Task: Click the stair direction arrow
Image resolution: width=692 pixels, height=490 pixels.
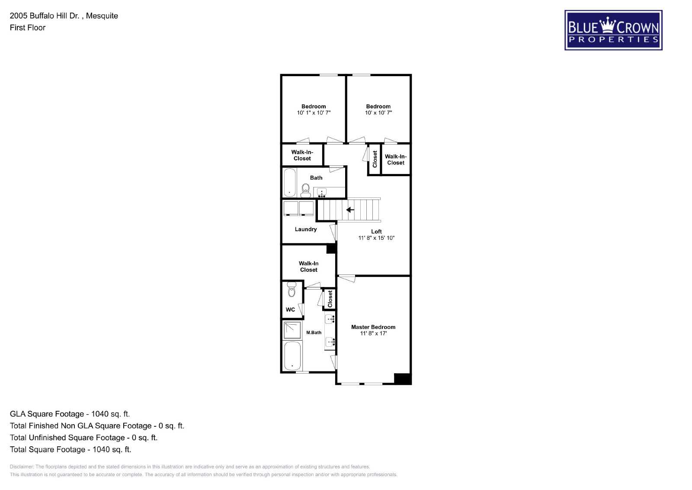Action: pyautogui.click(x=350, y=210)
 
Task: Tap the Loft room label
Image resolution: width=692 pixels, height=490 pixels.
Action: pyautogui.click(x=376, y=232)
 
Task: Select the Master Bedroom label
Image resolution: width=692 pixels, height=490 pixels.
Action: pyautogui.click(x=373, y=327)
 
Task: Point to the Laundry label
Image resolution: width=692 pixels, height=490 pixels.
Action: pyautogui.click(x=305, y=229)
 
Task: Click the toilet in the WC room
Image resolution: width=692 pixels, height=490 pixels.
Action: pyautogui.click(x=292, y=289)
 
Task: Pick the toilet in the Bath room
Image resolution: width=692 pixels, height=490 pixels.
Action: pyautogui.click(x=305, y=190)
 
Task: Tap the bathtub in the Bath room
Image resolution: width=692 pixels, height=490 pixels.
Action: pyautogui.click(x=290, y=182)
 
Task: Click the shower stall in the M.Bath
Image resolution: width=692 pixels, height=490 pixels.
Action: pyautogui.click(x=292, y=330)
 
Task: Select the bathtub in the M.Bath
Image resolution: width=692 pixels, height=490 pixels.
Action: pyautogui.click(x=292, y=356)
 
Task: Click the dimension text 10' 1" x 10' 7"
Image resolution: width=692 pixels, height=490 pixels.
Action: pyautogui.click(x=314, y=113)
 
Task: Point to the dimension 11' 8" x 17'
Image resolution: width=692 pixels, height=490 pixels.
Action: pyautogui.click(x=373, y=333)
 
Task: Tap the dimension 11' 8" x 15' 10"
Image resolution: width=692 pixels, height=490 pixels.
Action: pyautogui.click(x=376, y=238)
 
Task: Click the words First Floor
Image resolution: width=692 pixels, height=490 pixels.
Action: pyautogui.click(x=28, y=28)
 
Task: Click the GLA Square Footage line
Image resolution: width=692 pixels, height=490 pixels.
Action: pyautogui.click(x=70, y=414)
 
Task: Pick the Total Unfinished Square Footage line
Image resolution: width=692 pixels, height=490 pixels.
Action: pyautogui.click(x=84, y=438)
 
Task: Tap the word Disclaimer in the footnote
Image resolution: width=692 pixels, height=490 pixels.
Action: pyautogui.click(x=22, y=467)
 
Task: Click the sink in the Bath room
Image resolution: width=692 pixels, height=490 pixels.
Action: pyautogui.click(x=322, y=192)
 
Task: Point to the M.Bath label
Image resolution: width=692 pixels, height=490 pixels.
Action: pyautogui.click(x=314, y=332)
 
